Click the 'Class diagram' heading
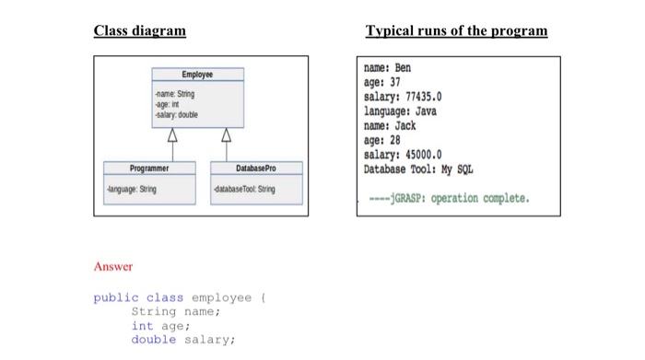tap(139, 30)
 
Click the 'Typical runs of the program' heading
tap(456, 30)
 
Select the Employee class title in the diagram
tap(197, 74)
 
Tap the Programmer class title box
tap(148, 168)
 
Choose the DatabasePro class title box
tap(255, 168)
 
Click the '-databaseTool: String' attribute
tap(244, 189)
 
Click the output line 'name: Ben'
tap(388, 68)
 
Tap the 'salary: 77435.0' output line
tap(405, 97)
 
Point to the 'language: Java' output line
tap(401, 110)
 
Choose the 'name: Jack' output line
tap(391, 125)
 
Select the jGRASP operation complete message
tap(446, 198)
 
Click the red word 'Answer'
tap(113, 267)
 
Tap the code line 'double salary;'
tap(183, 340)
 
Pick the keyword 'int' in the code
tap(142, 325)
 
